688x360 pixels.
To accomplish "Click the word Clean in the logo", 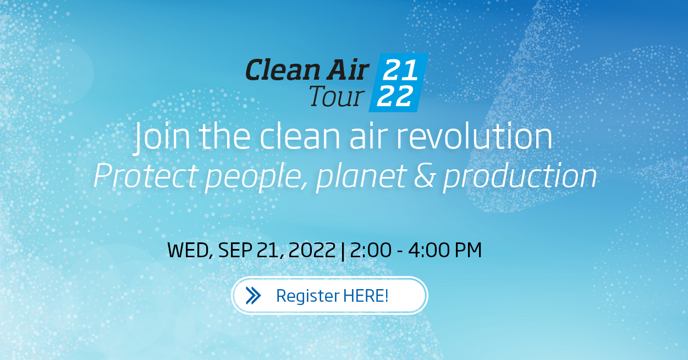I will click(x=280, y=70).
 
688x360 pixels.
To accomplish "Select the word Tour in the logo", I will click(x=335, y=97).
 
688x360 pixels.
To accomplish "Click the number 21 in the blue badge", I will click(x=401, y=70).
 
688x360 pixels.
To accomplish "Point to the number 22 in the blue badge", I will click(x=395, y=97).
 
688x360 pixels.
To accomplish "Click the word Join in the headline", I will click(x=156, y=138).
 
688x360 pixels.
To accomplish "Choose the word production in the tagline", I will click(x=520, y=178).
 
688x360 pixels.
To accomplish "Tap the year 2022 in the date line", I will click(x=311, y=251).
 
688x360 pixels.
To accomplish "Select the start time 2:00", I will click(x=368, y=251).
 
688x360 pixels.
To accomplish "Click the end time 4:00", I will click(x=426, y=251).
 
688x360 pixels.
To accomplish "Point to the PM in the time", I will click(x=467, y=251).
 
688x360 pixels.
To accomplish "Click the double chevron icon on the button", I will click(x=254, y=296).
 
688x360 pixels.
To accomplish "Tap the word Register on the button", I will click(x=307, y=296).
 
